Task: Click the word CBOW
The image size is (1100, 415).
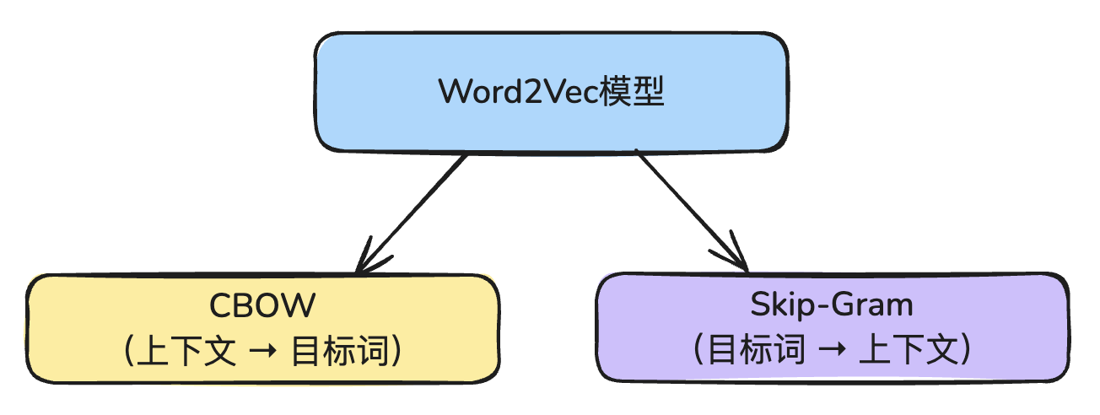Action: click(262, 305)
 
